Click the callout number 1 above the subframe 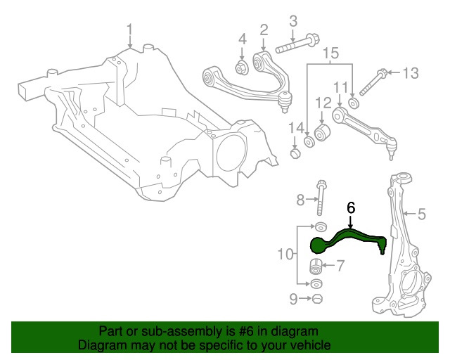pyautogui.click(x=129, y=29)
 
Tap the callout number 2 pyautogui.click(x=264, y=30)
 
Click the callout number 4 pyautogui.click(x=241, y=38)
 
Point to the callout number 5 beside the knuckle pyautogui.click(x=422, y=213)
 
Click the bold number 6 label pyautogui.click(x=351, y=208)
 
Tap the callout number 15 pyautogui.click(x=330, y=51)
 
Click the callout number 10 pyautogui.click(x=284, y=254)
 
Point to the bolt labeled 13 pyautogui.click(x=371, y=84)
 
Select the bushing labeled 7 pyautogui.click(x=317, y=266)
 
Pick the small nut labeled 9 pyautogui.click(x=316, y=300)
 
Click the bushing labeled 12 pyautogui.click(x=323, y=132)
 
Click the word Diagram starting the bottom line pyautogui.click(x=100, y=345)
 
